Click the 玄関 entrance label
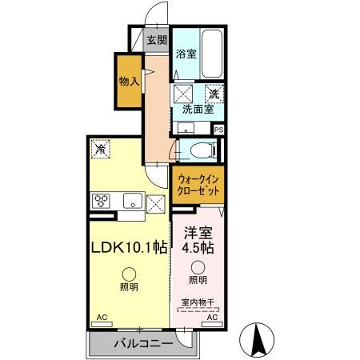pyautogui.click(x=157, y=39)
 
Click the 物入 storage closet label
pyautogui.click(x=129, y=81)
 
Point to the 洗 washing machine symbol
pyautogui.click(x=214, y=94)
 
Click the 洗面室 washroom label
pyautogui.click(x=197, y=110)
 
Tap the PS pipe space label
pyautogui.click(x=218, y=128)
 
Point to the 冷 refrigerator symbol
pyautogui.click(x=100, y=148)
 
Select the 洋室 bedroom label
pyautogui.click(x=198, y=234)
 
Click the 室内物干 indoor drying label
pyautogui.click(x=197, y=301)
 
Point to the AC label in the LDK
pyautogui.click(x=102, y=318)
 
